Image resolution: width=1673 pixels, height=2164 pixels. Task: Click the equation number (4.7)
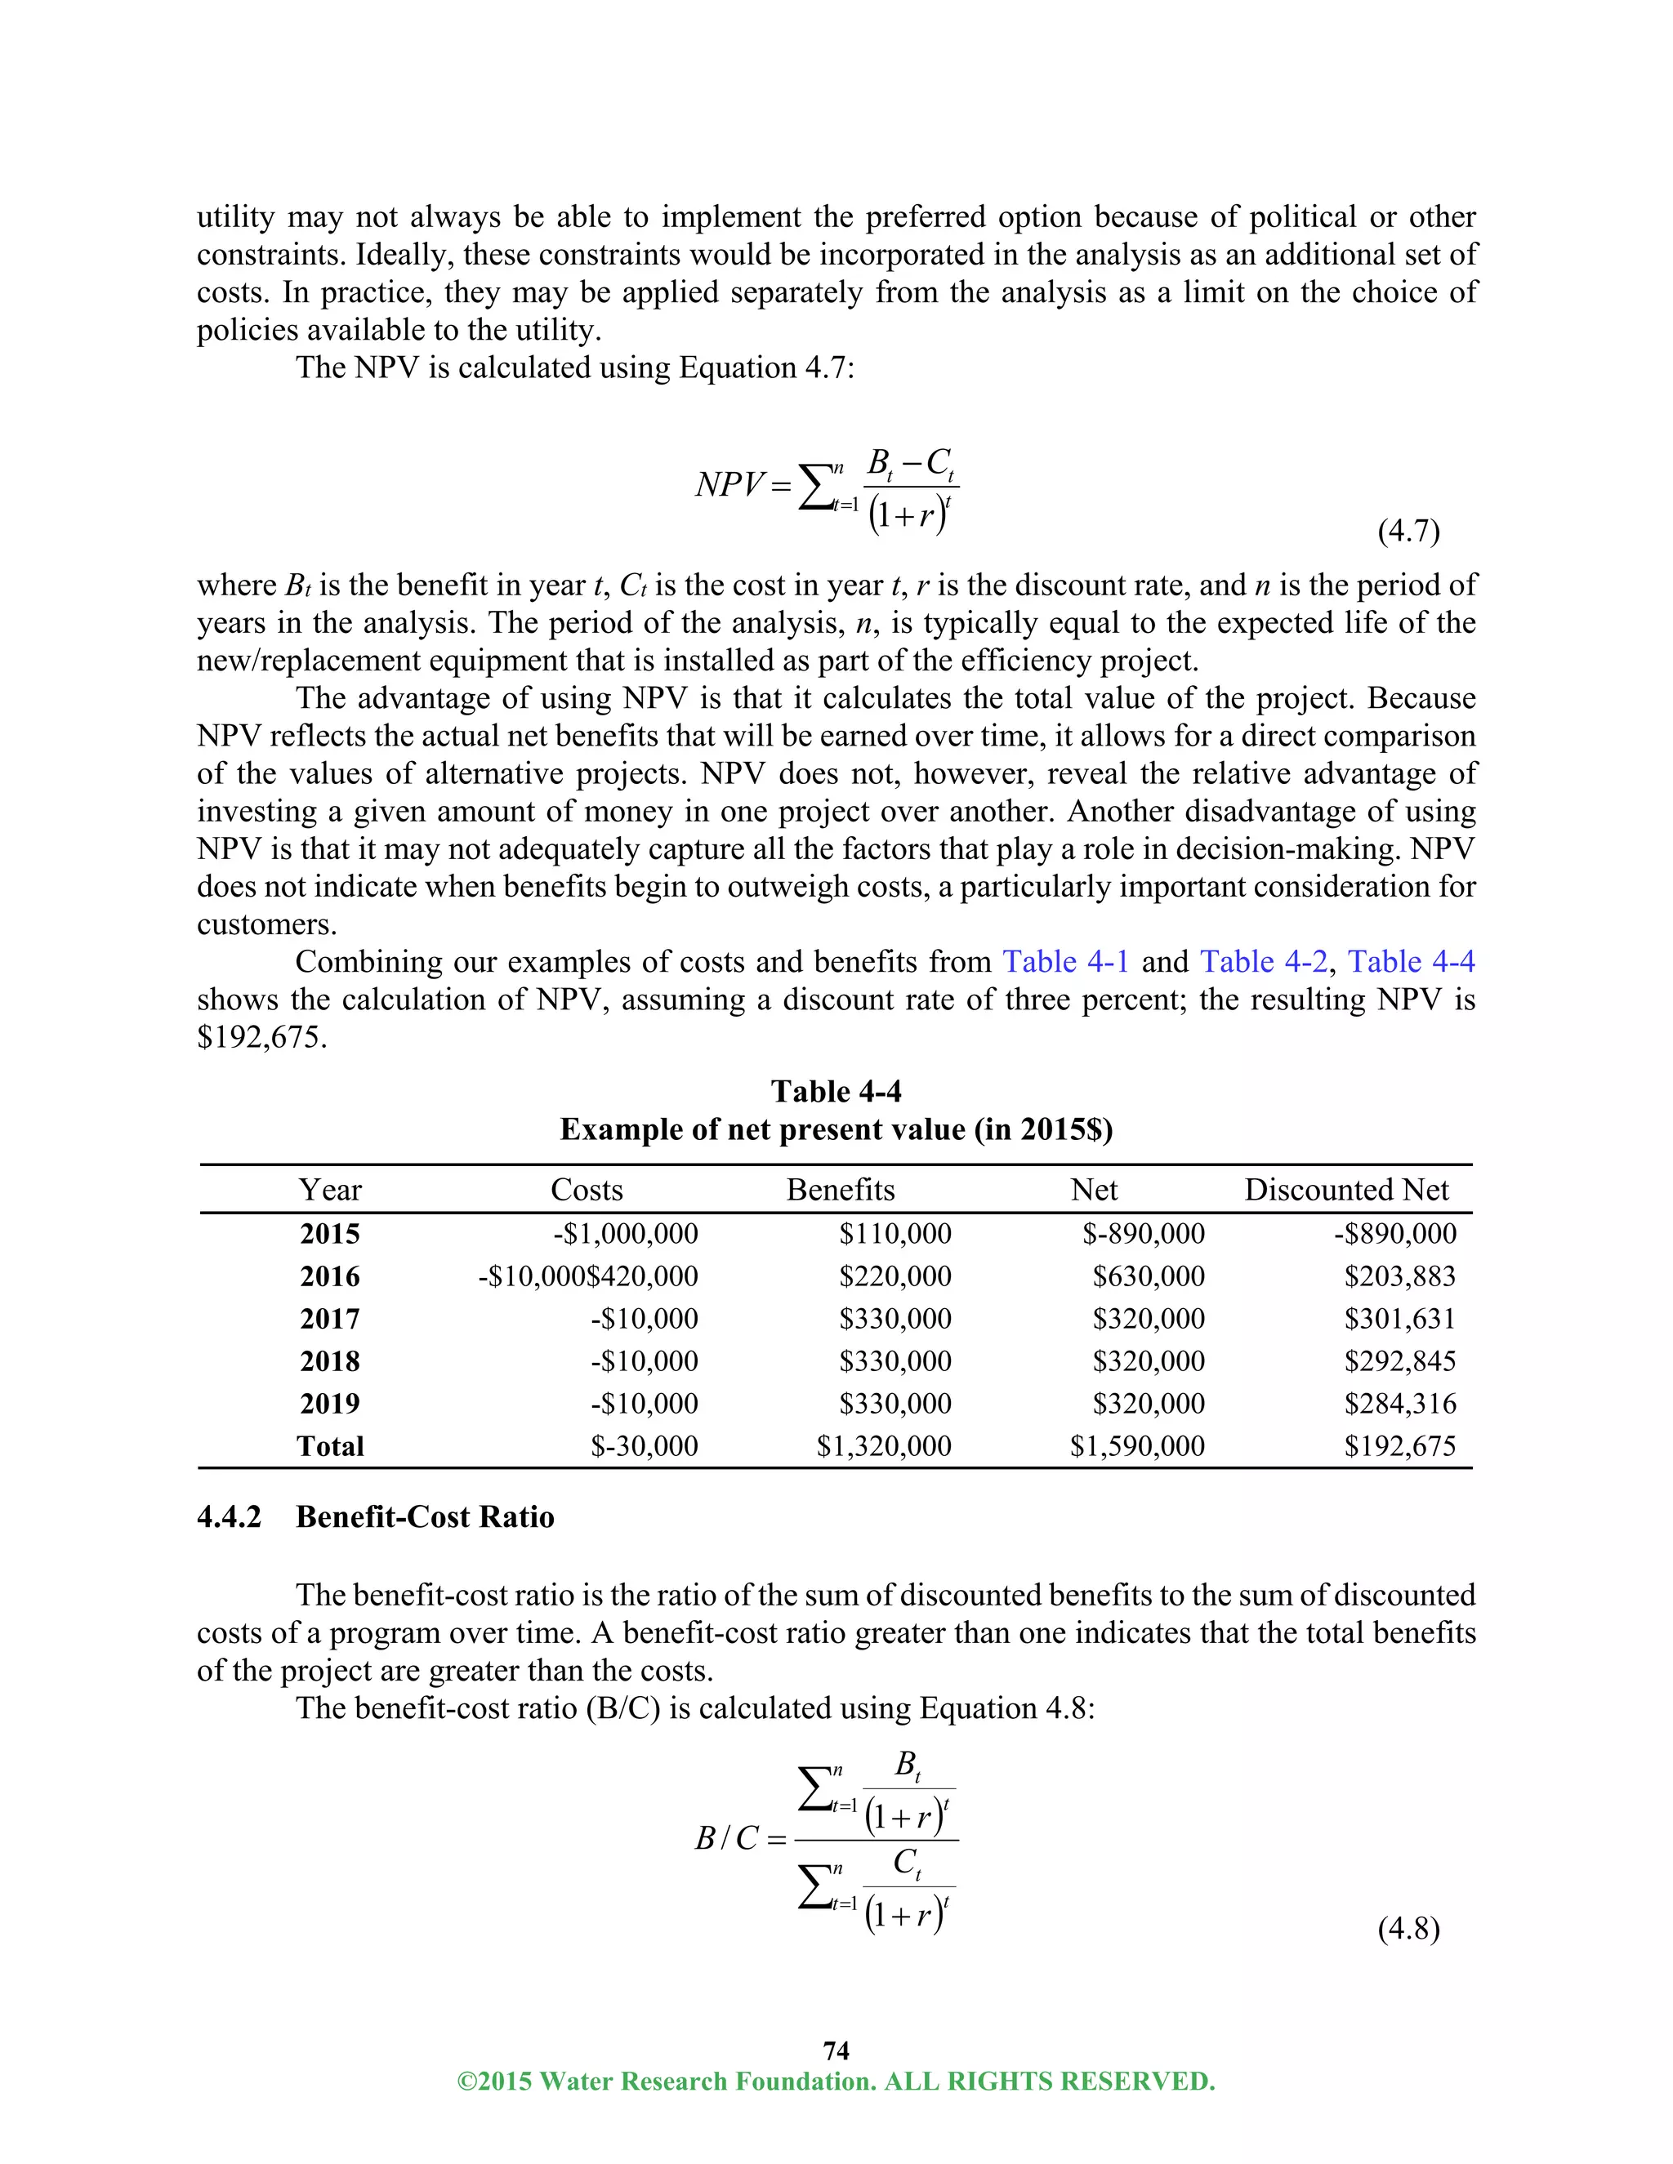(x=1408, y=532)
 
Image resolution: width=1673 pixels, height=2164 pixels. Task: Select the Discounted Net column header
(x=1346, y=1190)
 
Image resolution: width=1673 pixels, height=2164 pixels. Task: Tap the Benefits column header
(x=841, y=1190)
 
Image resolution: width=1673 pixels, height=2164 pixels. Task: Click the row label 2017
(x=330, y=1319)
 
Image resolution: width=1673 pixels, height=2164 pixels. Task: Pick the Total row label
(x=330, y=1447)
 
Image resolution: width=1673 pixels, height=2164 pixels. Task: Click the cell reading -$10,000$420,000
(x=587, y=1276)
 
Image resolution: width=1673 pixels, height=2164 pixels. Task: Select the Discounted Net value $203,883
(x=1399, y=1276)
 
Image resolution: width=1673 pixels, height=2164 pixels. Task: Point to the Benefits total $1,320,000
(x=883, y=1447)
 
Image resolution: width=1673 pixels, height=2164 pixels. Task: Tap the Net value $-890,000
(x=1143, y=1234)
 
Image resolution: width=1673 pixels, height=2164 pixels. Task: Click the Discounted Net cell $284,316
(x=1399, y=1404)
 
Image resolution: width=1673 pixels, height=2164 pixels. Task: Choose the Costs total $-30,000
(x=645, y=1447)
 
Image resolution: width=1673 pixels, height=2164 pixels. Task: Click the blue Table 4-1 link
(x=1065, y=962)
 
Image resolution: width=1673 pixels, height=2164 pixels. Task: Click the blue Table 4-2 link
(x=1263, y=962)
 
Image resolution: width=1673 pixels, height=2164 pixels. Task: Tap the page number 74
(x=836, y=2050)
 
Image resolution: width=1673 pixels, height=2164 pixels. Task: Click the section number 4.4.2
(x=229, y=1517)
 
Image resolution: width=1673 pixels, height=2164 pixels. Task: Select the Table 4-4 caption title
(x=836, y=1092)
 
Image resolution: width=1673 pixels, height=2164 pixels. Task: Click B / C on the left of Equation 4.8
(x=726, y=1839)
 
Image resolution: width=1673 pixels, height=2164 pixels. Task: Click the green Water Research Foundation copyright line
(x=836, y=2082)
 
